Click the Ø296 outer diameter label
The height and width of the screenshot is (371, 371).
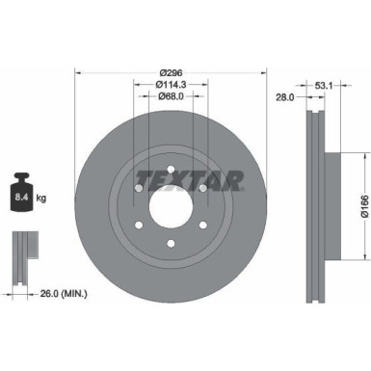click(172, 72)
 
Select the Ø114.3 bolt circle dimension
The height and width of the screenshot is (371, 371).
click(172, 85)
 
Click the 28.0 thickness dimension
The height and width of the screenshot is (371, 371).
click(283, 99)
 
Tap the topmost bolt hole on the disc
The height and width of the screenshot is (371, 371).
click(171, 173)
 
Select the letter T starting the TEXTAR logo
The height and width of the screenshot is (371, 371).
click(141, 177)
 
